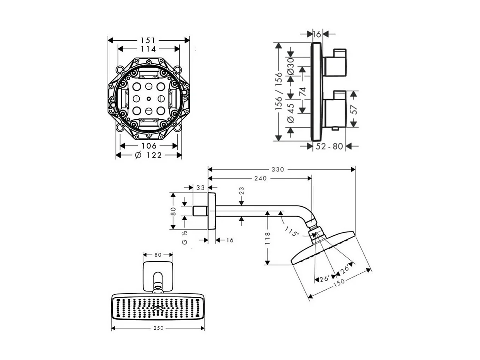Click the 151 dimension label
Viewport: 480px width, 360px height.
[x=148, y=40]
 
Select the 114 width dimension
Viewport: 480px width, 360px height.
[x=148, y=49]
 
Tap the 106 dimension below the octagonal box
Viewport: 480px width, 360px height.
[x=149, y=146]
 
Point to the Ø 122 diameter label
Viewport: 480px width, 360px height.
[x=148, y=155]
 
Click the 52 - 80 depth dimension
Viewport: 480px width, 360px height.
[x=329, y=146]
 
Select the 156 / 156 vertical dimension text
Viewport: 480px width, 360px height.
[x=278, y=92]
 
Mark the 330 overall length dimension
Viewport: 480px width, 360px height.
[x=278, y=170]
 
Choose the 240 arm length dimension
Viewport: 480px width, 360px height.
[x=260, y=178]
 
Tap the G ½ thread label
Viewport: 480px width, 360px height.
[x=185, y=237]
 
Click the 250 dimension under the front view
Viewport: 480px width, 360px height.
[x=159, y=328]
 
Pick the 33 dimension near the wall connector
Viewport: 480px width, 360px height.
[x=200, y=188]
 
